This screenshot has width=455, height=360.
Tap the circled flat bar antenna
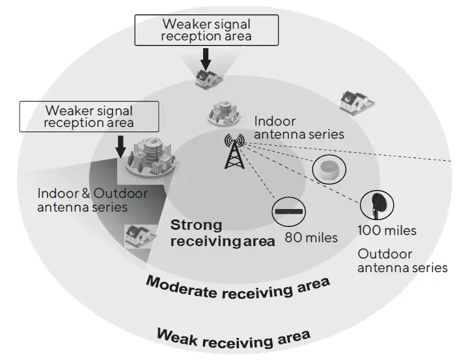pos(290,212)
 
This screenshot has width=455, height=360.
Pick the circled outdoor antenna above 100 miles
pos(377,204)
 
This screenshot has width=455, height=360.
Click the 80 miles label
pos(312,238)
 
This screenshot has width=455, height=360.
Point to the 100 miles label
pos(387,230)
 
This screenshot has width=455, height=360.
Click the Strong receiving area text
pos(222,233)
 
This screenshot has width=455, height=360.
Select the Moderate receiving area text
pos(237,287)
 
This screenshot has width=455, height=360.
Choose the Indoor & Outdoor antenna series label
pos(92,200)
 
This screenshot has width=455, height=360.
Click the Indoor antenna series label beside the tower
pos(299,128)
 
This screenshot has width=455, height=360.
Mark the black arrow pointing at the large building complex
pos(120,146)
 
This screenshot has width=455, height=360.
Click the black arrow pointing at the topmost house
pos(206,59)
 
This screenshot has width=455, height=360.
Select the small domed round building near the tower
pos(223,112)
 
